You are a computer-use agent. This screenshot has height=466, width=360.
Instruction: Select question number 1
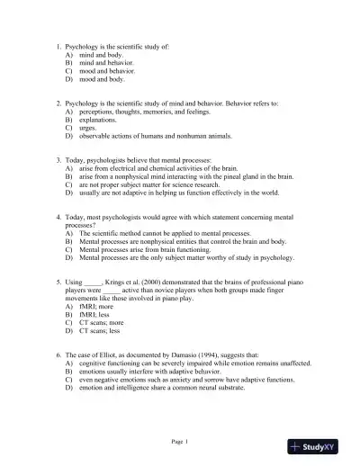[57, 45]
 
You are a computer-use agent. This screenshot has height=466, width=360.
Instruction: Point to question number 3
[57, 159]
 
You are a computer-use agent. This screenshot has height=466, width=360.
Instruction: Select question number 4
[57, 217]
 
